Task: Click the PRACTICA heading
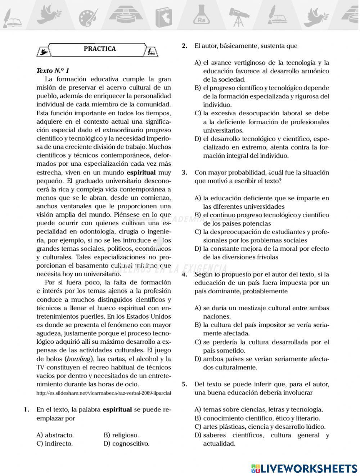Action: (x=100, y=49)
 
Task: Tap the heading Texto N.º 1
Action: (x=53, y=71)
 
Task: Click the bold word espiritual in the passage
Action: (x=141, y=173)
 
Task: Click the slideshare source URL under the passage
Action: (x=104, y=393)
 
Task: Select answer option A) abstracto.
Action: (x=55, y=435)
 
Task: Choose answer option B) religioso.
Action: (x=121, y=435)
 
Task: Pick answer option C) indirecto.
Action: (x=55, y=444)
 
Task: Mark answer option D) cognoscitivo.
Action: (x=126, y=444)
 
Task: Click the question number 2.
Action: (x=185, y=46)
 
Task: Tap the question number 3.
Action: (x=185, y=173)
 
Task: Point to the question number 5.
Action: (x=185, y=384)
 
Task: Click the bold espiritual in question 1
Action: (x=117, y=410)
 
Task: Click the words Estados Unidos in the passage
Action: (x=151, y=317)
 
